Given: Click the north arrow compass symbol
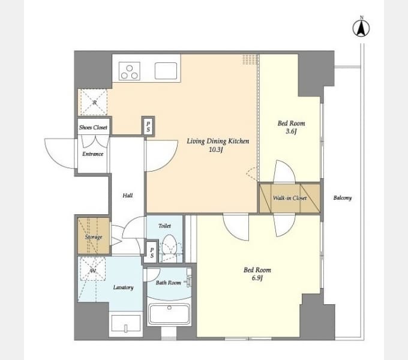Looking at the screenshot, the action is [x=361, y=28].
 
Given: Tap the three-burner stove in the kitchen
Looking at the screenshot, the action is [x=130, y=71].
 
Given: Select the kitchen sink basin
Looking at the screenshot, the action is [x=166, y=71].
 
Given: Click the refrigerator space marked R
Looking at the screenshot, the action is [x=94, y=102].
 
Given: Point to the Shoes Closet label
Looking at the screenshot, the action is [x=93, y=127].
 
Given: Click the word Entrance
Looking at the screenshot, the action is [x=93, y=154].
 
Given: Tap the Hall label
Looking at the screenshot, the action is [x=127, y=196].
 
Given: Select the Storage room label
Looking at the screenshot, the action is [x=94, y=237].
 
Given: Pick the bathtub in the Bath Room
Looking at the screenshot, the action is [x=169, y=314].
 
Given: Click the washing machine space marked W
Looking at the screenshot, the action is [x=92, y=269].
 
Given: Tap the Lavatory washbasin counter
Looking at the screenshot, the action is [x=125, y=323].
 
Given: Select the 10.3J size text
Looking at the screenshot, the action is [x=216, y=150].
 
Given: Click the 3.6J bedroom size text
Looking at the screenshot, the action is [x=291, y=131].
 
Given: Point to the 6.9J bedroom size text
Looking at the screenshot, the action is [x=257, y=278].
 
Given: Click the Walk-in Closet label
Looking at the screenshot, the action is [x=290, y=198].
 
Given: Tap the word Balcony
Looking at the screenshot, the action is [x=343, y=198].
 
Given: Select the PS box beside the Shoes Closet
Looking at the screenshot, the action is [x=148, y=127].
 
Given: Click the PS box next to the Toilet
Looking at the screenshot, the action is [x=152, y=253].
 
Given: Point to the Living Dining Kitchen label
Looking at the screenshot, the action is [x=218, y=141].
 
